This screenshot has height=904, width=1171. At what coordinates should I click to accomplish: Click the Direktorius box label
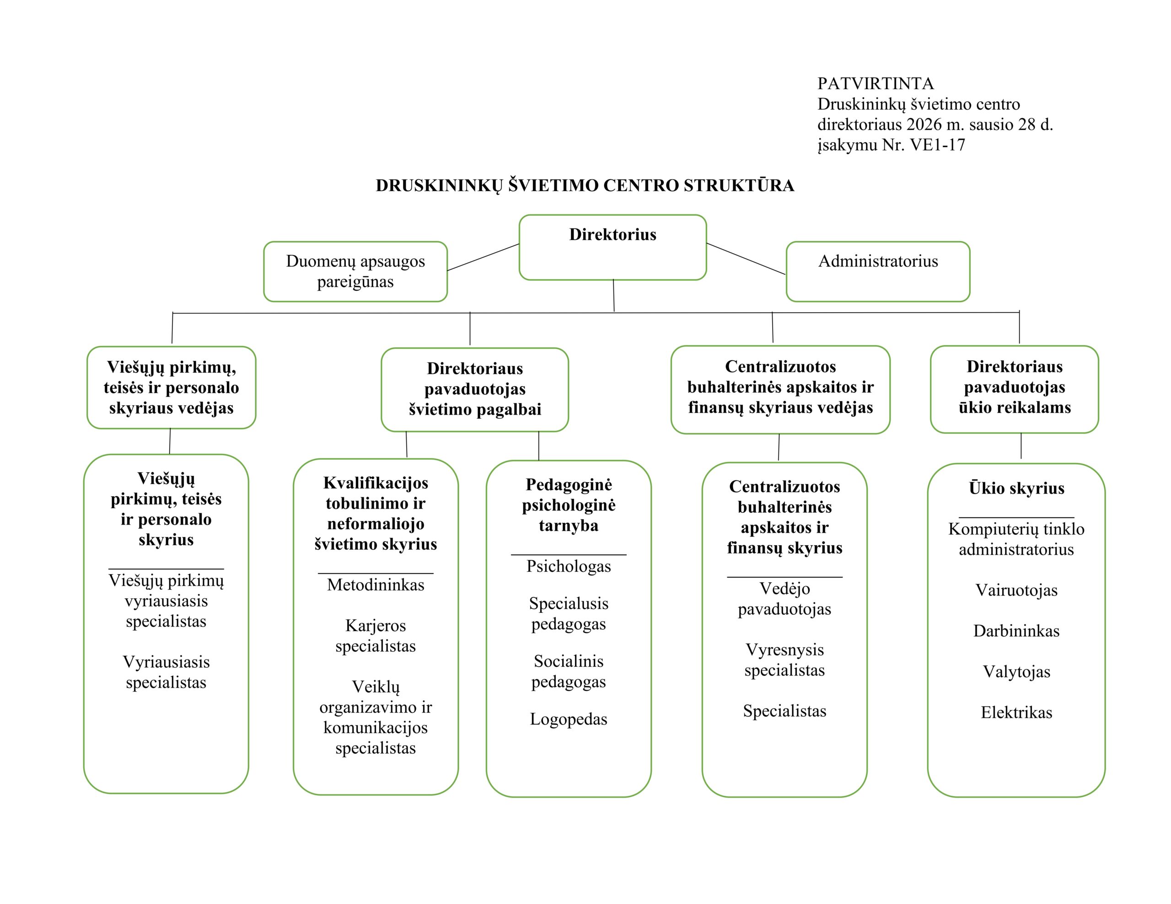(x=612, y=235)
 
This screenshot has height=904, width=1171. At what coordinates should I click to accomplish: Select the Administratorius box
(x=878, y=271)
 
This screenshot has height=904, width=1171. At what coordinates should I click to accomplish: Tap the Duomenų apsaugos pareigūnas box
(x=355, y=271)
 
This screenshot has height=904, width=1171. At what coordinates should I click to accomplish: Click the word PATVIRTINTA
(x=875, y=84)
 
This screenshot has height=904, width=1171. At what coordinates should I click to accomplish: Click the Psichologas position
(x=568, y=566)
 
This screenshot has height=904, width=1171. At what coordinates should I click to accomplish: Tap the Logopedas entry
(x=568, y=718)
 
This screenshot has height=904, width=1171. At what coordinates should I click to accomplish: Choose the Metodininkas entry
(x=376, y=585)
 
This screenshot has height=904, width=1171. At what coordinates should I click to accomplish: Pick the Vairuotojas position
(x=1016, y=590)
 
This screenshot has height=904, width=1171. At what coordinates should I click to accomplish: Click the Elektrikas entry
(x=1016, y=712)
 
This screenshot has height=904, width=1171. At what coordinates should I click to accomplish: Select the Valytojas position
(x=1016, y=671)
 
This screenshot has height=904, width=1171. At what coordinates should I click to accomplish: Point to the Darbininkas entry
(x=1016, y=631)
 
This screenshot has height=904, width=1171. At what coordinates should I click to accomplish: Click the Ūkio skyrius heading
(x=1016, y=488)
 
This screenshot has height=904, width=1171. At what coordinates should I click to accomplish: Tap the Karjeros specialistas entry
(x=376, y=636)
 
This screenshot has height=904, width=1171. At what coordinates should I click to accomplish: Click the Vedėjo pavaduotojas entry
(x=784, y=599)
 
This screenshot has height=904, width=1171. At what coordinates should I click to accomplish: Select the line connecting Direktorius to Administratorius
(x=746, y=259)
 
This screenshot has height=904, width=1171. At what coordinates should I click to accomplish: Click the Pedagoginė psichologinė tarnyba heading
(x=568, y=505)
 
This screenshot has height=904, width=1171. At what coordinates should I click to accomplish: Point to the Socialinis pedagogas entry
(x=568, y=671)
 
